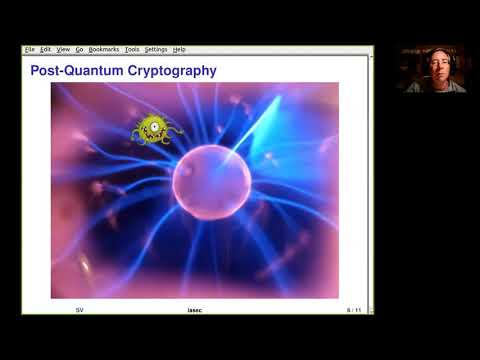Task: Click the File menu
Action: (x=29, y=49)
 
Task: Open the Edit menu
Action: (x=45, y=49)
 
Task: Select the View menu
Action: (x=63, y=49)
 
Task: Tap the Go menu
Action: (x=79, y=49)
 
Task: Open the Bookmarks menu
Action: (x=104, y=49)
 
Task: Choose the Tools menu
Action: (x=132, y=49)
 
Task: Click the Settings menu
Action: (x=156, y=49)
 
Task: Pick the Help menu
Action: (x=179, y=49)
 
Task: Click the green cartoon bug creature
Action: (x=154, y=128)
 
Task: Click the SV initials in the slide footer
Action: (x=79, y=310)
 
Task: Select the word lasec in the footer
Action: (x=196, y=310)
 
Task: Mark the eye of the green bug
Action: (x=152, y=125)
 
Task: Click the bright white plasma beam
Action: (x=249, y=140)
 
